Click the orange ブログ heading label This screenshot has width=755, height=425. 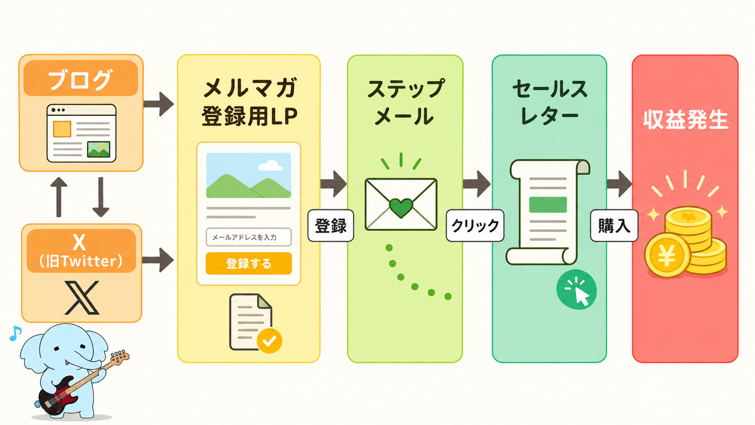click(80, 78)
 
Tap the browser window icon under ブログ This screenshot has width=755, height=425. click(81, 133)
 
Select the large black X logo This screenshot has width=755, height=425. click(82, 298)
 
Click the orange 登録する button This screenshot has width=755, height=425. click(249, 263)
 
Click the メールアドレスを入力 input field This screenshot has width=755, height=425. click(249, 237)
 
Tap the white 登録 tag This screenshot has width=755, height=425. click(331, 225)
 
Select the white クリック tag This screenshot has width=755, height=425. click(475, 225)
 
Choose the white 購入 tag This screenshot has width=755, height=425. click(614, 225)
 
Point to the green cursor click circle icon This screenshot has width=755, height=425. click(576, 290)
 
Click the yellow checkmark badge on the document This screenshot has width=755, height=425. click(269, 341)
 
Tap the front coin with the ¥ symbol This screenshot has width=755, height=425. click(667, 255)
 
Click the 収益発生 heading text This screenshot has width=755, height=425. click(685, 119)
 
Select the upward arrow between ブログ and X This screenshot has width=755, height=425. click(59, 197)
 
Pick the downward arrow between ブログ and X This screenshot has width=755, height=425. click(100, 197)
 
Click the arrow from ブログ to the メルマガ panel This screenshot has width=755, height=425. click(158, 104)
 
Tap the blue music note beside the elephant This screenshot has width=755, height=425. click(15, 333)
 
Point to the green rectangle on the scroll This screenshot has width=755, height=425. click(548, 205)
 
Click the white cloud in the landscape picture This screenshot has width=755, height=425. click(270, 165)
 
